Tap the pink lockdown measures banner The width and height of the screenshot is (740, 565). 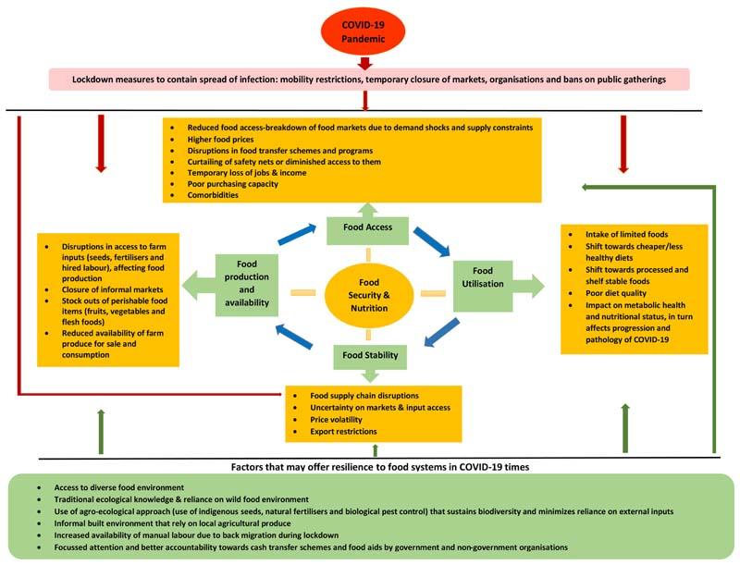[369, 80]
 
